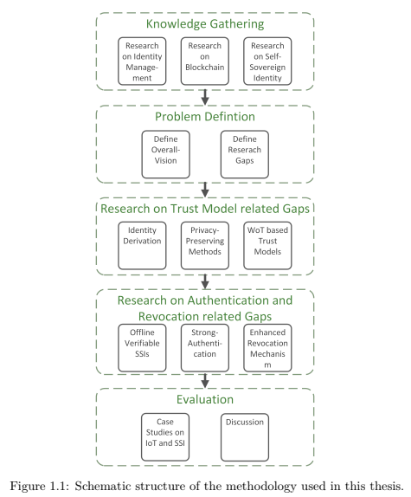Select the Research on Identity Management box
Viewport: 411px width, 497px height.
click(143, 61)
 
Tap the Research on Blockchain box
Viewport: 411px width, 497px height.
click(205, 61)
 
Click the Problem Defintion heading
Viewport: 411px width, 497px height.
click(205, 118)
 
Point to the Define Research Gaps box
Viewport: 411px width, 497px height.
click(244, 154)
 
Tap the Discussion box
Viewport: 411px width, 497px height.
click(244, 436)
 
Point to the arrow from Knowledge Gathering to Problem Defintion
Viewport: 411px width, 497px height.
click(205, 95)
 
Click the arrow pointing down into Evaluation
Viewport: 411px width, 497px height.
click(205, 380)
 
